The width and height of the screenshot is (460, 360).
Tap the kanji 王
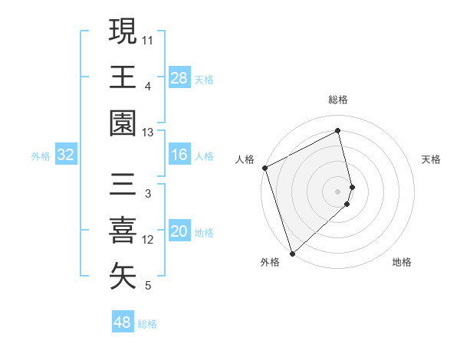[x=123, y=77]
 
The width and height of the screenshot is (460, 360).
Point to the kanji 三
[x=123, y=184]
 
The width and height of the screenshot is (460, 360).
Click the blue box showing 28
[x=179, y=77]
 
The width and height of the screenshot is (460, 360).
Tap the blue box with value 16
[x=179, y=155]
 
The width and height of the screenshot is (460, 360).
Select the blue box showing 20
[x=179, y=232]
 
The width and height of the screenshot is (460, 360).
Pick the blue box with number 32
[x=66, y=155]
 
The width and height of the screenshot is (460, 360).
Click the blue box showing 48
[x=123, y=322]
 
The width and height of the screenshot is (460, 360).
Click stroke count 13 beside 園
[x=148, y=133]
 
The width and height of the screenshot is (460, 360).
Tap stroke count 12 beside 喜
[x=148, y=240]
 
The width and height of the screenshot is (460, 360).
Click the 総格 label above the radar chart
[x=338, y=100]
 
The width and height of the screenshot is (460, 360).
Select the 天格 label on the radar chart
[x=431, y=159]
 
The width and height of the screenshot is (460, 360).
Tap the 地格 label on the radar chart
[x=402, y=263]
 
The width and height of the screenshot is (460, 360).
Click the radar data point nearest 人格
[x=264, y=168]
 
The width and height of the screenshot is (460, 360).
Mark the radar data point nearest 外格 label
[x=292, y=253]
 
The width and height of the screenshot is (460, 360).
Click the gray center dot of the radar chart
[x=338, y=190]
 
